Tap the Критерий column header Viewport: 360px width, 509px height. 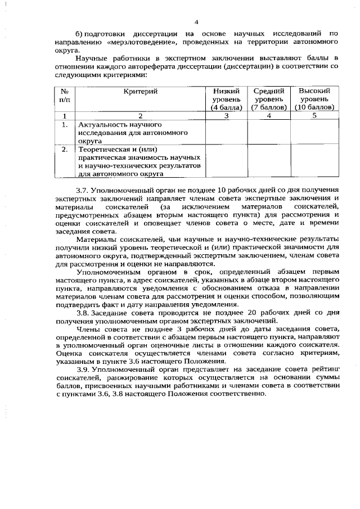click(x=140, y=91)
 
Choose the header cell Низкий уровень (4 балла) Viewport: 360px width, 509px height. click(x=226, y=98)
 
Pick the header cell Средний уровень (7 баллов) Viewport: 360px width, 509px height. click(x=269, y=98)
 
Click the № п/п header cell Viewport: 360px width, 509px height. click(x=65, y=94)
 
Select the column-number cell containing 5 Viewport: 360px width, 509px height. click(x=314, y=115)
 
